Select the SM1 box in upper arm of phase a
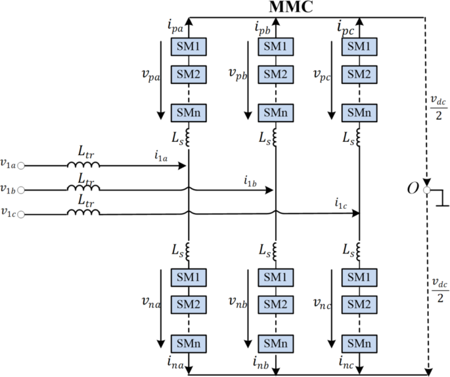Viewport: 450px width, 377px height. [189, 47]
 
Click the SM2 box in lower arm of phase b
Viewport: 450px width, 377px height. [274, 303]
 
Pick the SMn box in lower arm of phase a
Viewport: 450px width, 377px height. [189, 344]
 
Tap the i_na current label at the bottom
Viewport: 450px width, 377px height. [175, 361]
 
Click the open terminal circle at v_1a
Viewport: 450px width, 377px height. [21, 166]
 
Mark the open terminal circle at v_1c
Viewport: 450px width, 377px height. [21, 214]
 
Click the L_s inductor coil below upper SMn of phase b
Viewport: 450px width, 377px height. [274, 139]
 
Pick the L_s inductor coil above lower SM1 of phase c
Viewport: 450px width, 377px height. [359, 250]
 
